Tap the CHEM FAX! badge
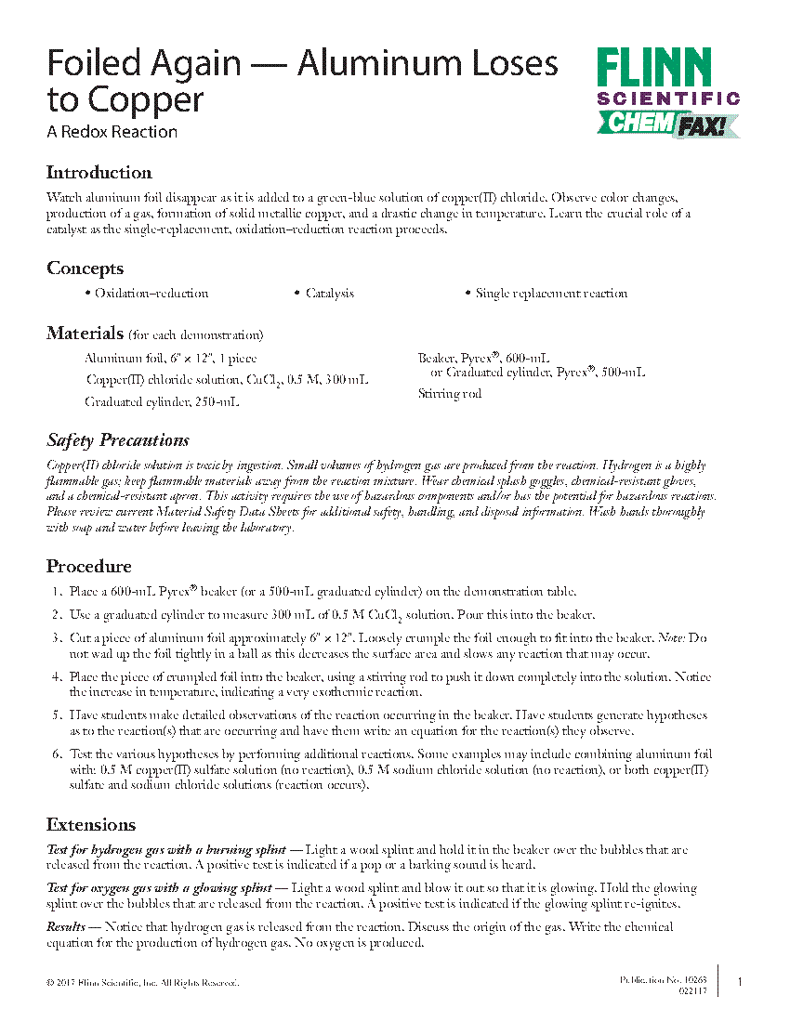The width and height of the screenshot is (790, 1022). click(667, 124)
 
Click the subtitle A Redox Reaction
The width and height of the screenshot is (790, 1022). click(112, 132)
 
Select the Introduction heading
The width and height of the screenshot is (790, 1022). click(99, 173)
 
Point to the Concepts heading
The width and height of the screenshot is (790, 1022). click(86, 269)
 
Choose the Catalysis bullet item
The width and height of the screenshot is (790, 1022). click(329, 294)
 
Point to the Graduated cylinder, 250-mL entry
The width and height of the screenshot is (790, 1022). click(162, 402)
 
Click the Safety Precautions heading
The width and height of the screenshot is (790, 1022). click(118, 440)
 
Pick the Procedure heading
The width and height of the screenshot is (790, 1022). click(89, 567)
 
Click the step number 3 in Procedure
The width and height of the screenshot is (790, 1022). click(57, 639)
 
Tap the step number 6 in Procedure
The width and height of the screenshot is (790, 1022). click(57, 755)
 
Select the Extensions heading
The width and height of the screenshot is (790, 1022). click(91, 825)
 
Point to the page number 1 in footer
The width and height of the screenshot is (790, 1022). click(739, 982)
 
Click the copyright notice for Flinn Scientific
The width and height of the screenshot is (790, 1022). click(142, 983)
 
